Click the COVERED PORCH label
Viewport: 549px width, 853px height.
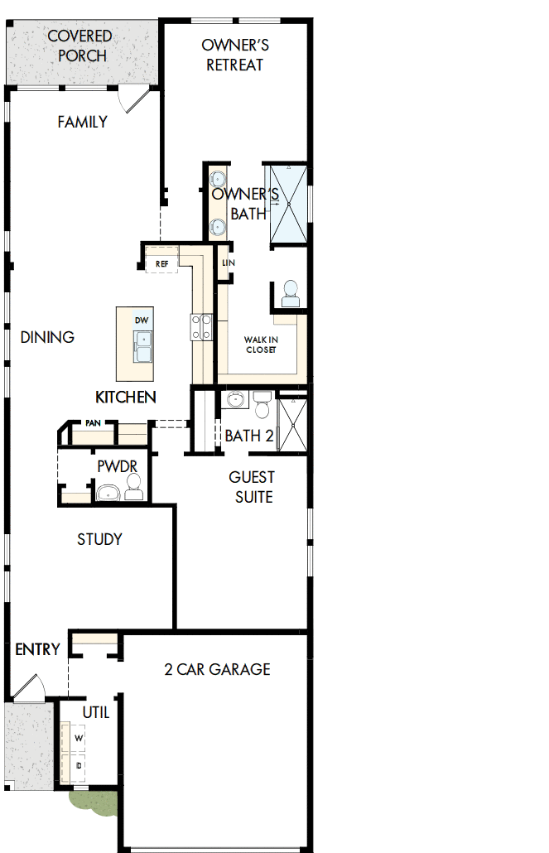point(80,46)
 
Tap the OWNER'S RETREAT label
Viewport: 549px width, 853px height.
point(235,55)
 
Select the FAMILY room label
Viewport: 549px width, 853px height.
point(82,122)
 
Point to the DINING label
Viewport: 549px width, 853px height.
point(47,337)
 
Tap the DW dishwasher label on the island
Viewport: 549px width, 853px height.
point(142,320)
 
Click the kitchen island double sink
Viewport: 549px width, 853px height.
point(143,346)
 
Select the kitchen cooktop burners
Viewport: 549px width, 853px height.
point(200,327)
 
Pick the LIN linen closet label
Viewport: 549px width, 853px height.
point(229,263)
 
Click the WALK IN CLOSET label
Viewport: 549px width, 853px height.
point(261,345)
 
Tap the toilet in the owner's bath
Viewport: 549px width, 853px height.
point(291,294)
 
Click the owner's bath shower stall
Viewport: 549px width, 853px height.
point(289,204)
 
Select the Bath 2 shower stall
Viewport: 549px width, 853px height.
point(293,425)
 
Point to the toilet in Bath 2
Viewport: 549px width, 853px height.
point(262,404)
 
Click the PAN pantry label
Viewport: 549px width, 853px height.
point(93,422)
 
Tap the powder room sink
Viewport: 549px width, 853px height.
point(108,493)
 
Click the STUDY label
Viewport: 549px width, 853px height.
point(99,539)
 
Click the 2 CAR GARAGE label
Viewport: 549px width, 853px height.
point(217,669)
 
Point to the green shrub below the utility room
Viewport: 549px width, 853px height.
point(94,802)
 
